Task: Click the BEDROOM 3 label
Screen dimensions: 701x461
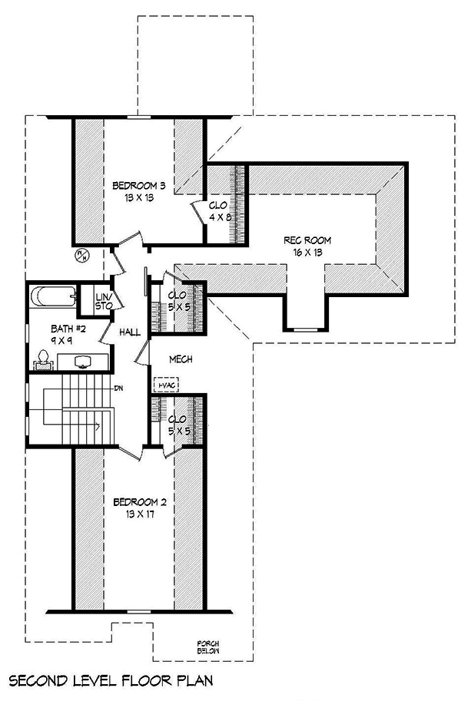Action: click(139, 186)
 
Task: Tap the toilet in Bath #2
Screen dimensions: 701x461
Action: click(44, 358)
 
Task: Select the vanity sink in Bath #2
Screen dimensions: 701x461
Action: click(81, 360)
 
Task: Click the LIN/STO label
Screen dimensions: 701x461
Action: click(104, 301)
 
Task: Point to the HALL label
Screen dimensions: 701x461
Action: click(129, 332)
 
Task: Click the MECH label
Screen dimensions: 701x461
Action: click(181, 359)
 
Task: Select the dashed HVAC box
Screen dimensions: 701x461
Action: click(165, 385)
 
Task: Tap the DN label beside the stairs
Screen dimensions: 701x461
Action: click(120, 388)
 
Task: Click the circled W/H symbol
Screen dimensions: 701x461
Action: click(80, 255)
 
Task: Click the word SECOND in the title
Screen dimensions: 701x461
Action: click(38, 680)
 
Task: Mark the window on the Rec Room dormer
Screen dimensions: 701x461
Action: click(306, 329)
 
